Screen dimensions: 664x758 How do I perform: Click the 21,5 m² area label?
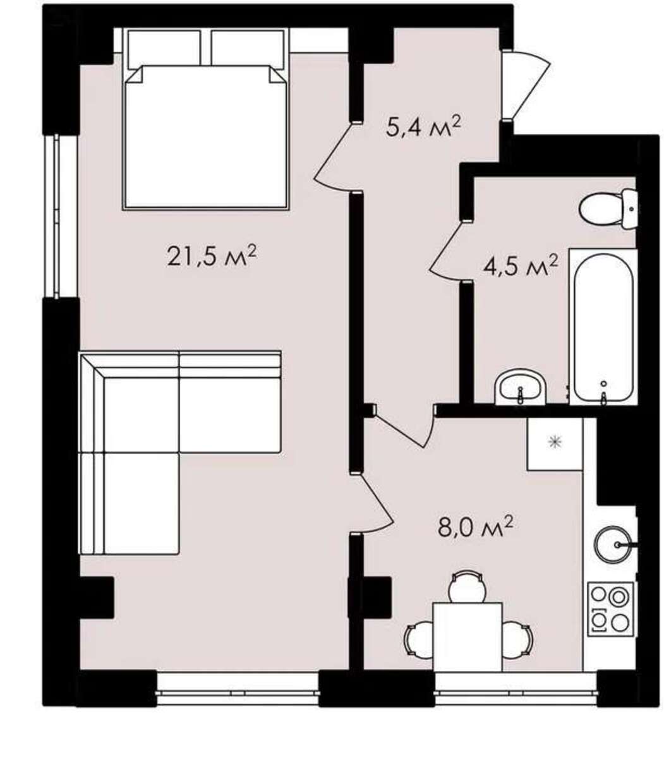click(x=212, y=256)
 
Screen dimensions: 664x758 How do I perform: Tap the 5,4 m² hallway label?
click(x=423, y=127)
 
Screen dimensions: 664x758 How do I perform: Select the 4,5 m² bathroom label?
click(x=520, y=265)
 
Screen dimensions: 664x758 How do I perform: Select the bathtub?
click(x=603, y=327)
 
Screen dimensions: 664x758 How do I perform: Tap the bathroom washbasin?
click(x=521, y=387)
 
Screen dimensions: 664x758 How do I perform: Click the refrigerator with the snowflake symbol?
click(x=555, y=444)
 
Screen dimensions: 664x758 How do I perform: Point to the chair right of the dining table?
click(x=517, y=639)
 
